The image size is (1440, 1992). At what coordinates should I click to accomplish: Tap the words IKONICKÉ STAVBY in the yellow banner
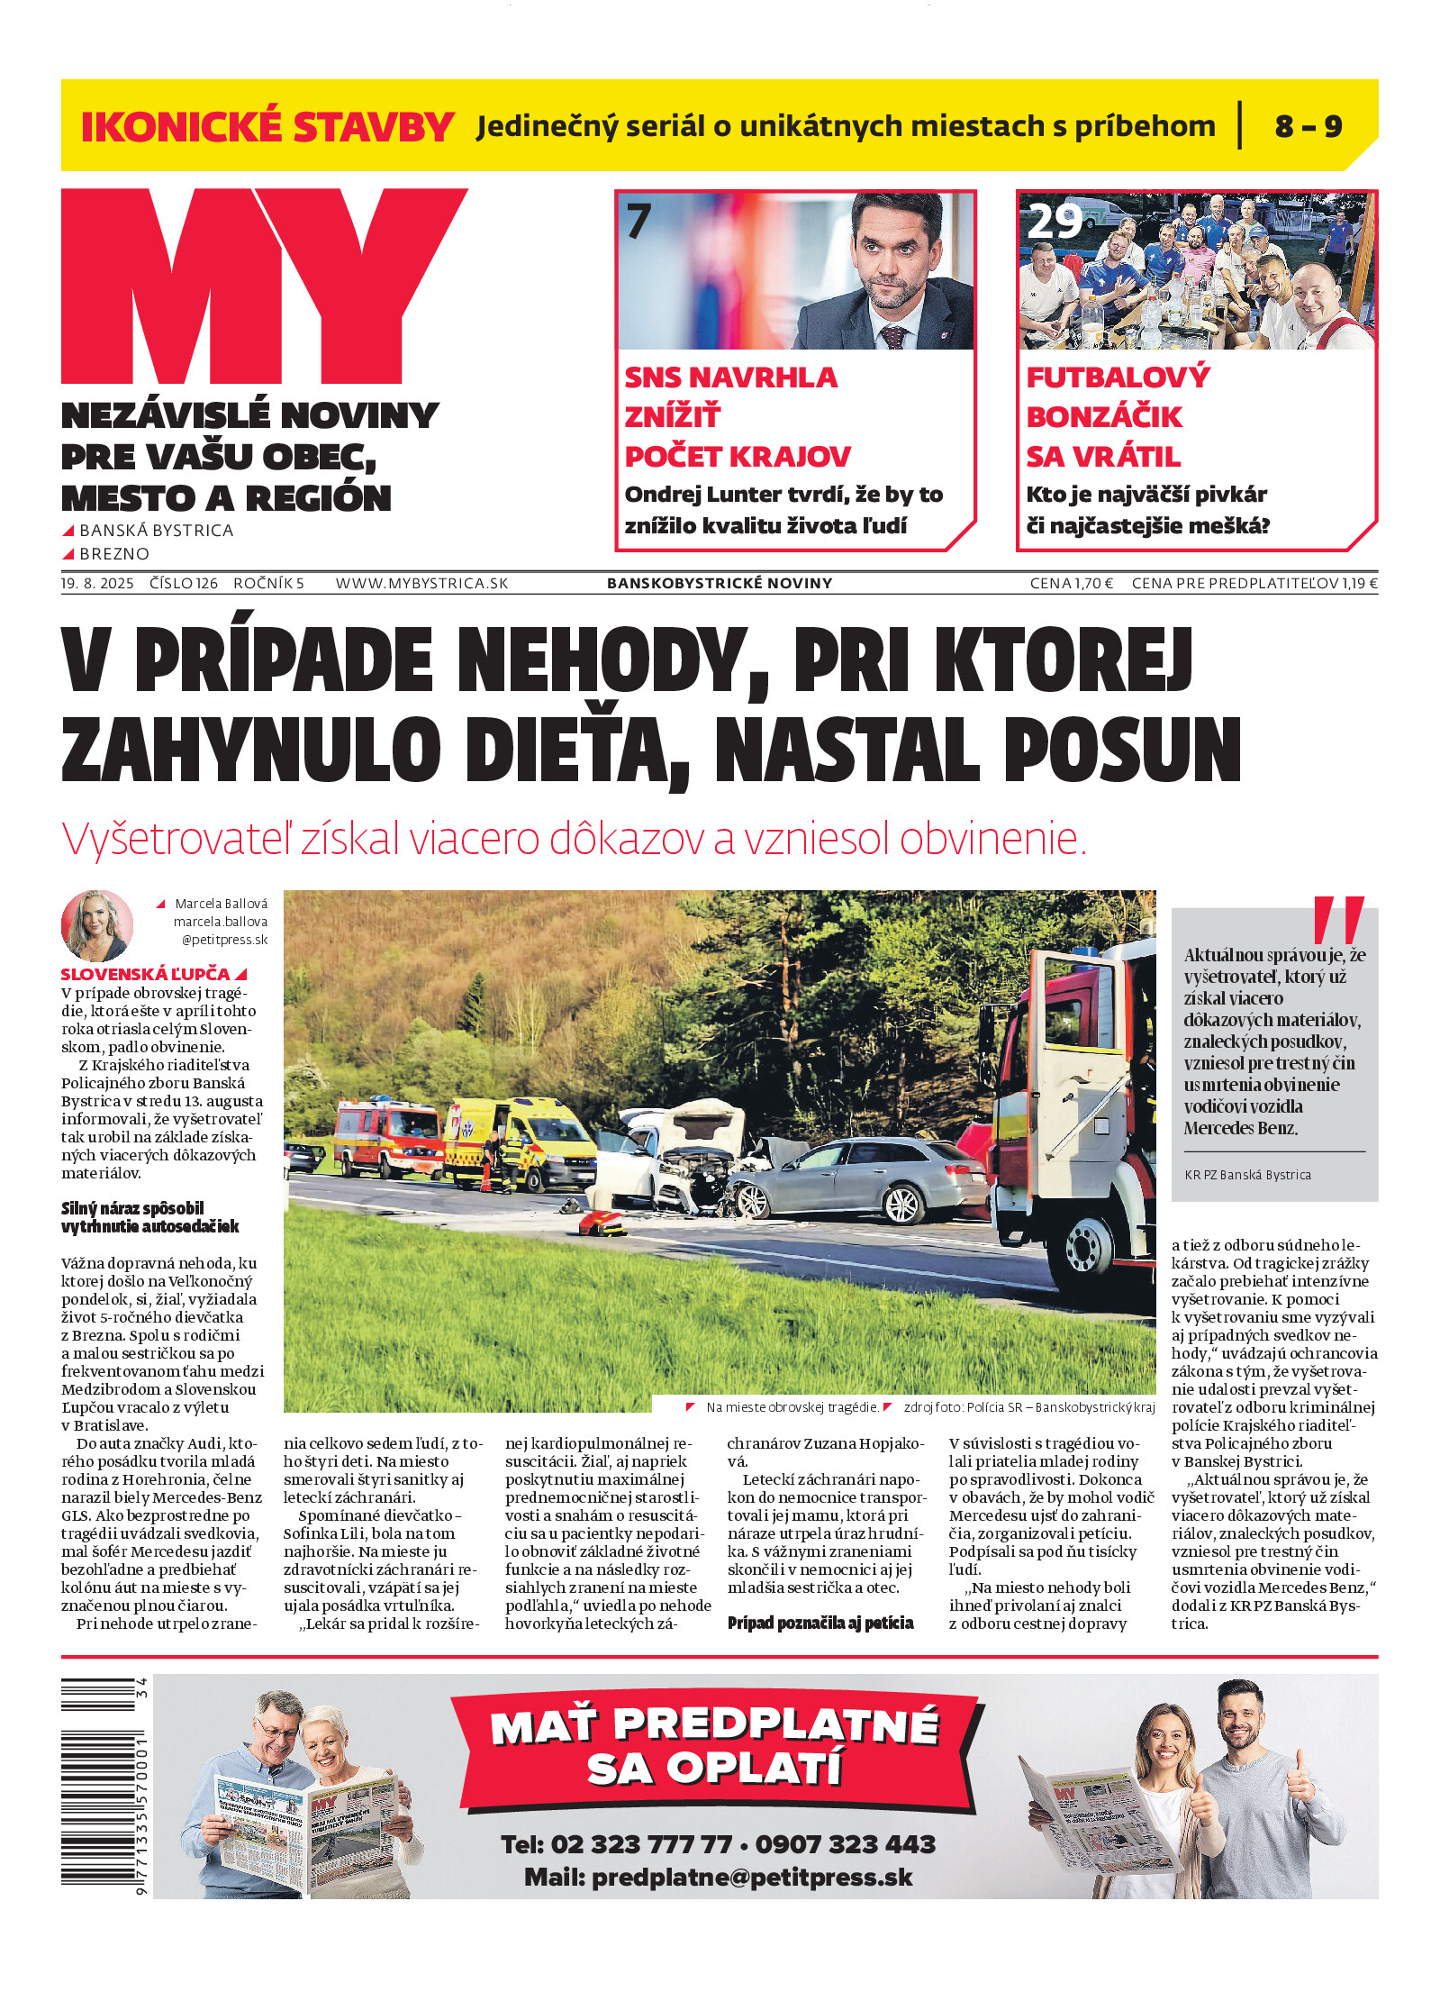tap(267, 127)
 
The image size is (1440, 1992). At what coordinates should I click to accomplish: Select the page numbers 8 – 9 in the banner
tap(1308, 127)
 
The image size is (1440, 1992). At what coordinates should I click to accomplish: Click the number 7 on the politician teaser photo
tap(638, 222)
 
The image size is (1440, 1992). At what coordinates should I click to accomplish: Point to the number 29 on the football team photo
tap(1055, 222)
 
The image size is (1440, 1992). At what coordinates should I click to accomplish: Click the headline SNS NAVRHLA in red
tap(730, 377)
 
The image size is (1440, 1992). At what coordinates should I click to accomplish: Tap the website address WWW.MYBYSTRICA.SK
tap(421, 584)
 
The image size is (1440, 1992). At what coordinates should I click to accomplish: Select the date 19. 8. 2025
tap(97, 584)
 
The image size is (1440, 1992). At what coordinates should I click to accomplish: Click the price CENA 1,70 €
tap(1071, 584)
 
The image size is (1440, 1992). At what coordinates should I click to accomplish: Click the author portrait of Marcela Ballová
tap(97, 925)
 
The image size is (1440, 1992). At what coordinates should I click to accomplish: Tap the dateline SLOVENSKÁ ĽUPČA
tap(146, 974)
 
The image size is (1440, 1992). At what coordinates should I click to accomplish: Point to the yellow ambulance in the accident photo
tap(521, 1142)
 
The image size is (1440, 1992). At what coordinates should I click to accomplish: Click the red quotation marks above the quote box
tap(1338, 919)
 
